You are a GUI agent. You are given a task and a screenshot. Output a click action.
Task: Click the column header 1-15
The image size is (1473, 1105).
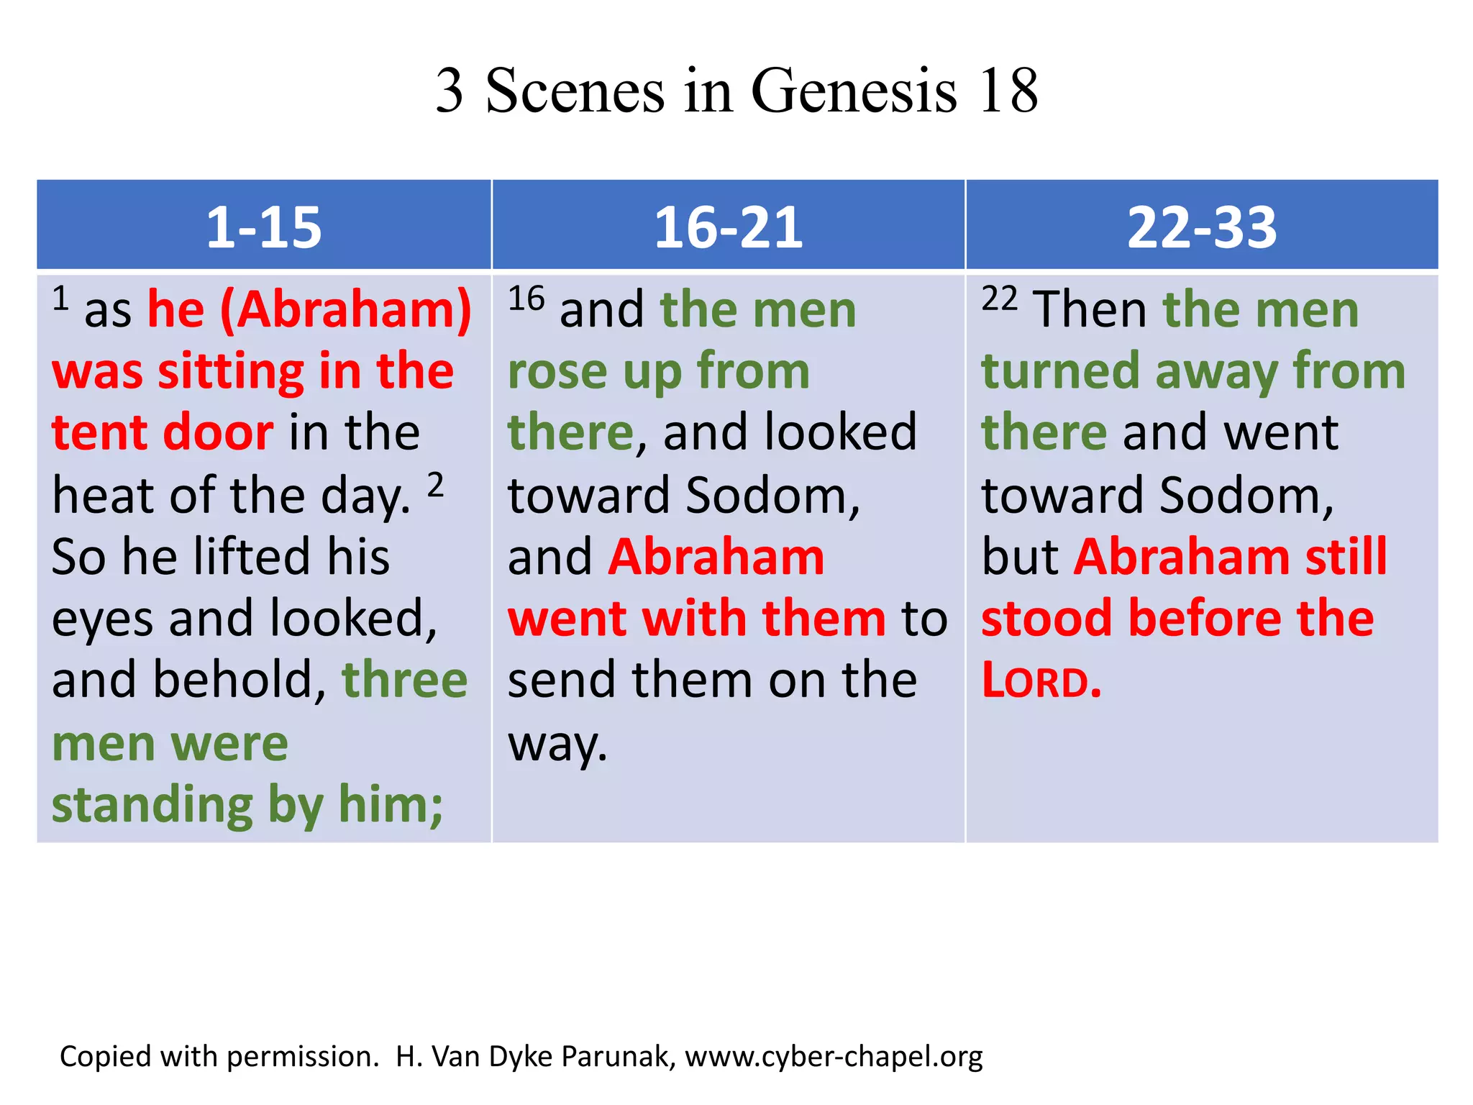[x=263, y=227]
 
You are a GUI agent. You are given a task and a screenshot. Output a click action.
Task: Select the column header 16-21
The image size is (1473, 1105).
[x=728, y=227]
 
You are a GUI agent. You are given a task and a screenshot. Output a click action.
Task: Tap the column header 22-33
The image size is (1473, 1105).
[x=1201, y=227]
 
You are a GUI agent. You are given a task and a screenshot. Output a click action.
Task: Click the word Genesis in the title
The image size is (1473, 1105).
[x=854, y=91]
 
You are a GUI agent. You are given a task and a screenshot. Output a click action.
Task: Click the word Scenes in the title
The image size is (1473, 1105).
[x=575, y=91]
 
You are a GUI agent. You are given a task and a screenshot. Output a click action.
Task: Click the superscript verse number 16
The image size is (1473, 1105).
[x=526, y=299]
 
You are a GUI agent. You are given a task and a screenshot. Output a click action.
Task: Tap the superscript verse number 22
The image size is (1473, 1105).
[x=1000, y=299]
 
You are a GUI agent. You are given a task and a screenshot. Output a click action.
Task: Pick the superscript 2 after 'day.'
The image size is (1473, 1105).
[x=435, y=486]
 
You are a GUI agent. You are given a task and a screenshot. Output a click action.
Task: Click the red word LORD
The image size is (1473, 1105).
[x=1041, y=681]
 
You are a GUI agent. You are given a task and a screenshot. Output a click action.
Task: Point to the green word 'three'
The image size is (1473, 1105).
[x=404, y=680]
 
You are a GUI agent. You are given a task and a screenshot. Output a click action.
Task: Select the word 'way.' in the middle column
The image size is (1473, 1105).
[x=557, y=745]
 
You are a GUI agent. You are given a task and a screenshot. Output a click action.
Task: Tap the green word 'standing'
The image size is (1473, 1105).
[x=152, y=806]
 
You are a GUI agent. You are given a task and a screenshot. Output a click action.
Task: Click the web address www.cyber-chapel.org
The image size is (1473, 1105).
[x=834, y=1056]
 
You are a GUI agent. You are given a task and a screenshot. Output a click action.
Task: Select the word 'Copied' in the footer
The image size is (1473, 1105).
[x=105, y=1056]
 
